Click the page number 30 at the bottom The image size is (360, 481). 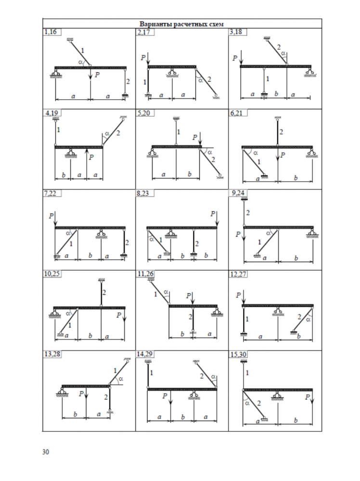coord(46,452)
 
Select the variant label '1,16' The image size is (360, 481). coord(50,32)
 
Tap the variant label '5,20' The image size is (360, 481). coord(143,113)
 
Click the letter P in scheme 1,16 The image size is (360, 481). coord(98,75)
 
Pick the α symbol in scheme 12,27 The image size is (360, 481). coord(308,318)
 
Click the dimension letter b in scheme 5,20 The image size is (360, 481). coord(188,174)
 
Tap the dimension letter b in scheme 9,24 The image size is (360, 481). coord(296,258)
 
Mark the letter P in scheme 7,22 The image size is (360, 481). coord(51,216)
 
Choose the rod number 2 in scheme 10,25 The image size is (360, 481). coord(104,292)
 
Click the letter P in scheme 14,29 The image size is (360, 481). coord(165,396)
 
